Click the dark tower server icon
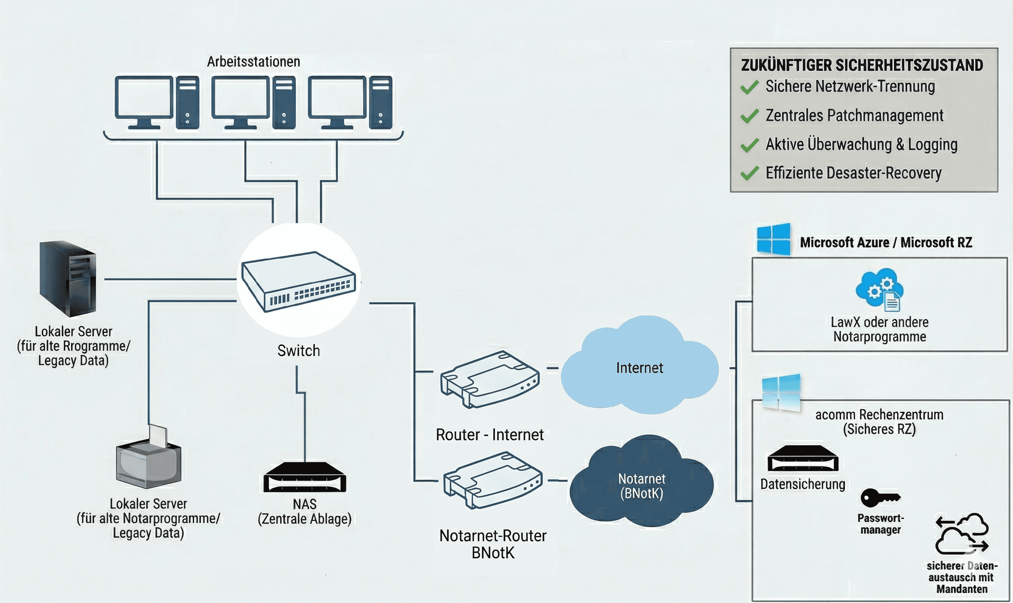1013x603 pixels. pyautogui.click(x=68, y=279)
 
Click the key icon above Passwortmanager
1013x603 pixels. pyautogui.click(x=880, y=498)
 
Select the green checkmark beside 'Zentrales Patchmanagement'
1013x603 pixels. pyautogui.click(x=749, y=116)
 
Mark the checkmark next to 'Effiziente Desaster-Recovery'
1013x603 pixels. pyautogui.click(x=749, y=173)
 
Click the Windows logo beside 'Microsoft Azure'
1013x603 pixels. pyautogui.click(x=774, y=239)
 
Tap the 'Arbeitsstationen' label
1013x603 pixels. pyautogui.click(x=254, y=62)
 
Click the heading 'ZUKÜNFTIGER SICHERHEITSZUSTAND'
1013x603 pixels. pyautogui.click(x=862, y=66)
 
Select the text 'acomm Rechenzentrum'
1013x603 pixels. pyautogui.click(x=879, y=415)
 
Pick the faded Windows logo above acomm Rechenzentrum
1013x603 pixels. pyautogui.click(x=780, y=393)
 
